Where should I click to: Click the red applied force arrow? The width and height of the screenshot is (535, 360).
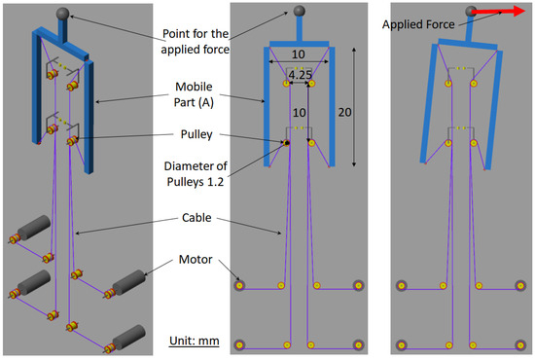point(498,12)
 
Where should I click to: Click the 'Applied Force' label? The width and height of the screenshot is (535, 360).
point(418,24)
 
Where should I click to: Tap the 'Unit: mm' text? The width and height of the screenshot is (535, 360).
point(195,341)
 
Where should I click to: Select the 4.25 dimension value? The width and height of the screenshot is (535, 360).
point(300,75)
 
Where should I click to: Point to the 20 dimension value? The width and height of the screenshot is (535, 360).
point(344,112)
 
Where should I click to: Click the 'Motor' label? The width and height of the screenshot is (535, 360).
point(196,260)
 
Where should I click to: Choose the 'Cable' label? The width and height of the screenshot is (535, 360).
point(196,217)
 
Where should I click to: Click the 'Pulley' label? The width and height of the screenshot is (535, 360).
point(196,134)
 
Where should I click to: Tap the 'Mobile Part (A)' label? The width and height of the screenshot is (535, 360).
point(194,94)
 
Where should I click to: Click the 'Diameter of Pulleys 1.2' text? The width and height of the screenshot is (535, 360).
point(196,174)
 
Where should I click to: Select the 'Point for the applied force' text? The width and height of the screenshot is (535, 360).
point(196,41)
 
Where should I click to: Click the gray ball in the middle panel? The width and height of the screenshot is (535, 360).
point(300,11)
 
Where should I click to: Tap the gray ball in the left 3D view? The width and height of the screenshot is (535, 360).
point(63,14)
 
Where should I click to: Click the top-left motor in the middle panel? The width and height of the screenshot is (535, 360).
point(239,285)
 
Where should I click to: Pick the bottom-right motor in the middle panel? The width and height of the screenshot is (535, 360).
point(358,345)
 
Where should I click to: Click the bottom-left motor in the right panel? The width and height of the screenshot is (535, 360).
point(401,345)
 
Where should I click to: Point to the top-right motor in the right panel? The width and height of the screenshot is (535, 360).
point(520,285)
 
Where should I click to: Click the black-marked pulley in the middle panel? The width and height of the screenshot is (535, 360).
point(287,143)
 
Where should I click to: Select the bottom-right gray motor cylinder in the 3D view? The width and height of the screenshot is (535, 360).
point(129,337)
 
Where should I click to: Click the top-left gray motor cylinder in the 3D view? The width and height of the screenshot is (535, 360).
point(34,228)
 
